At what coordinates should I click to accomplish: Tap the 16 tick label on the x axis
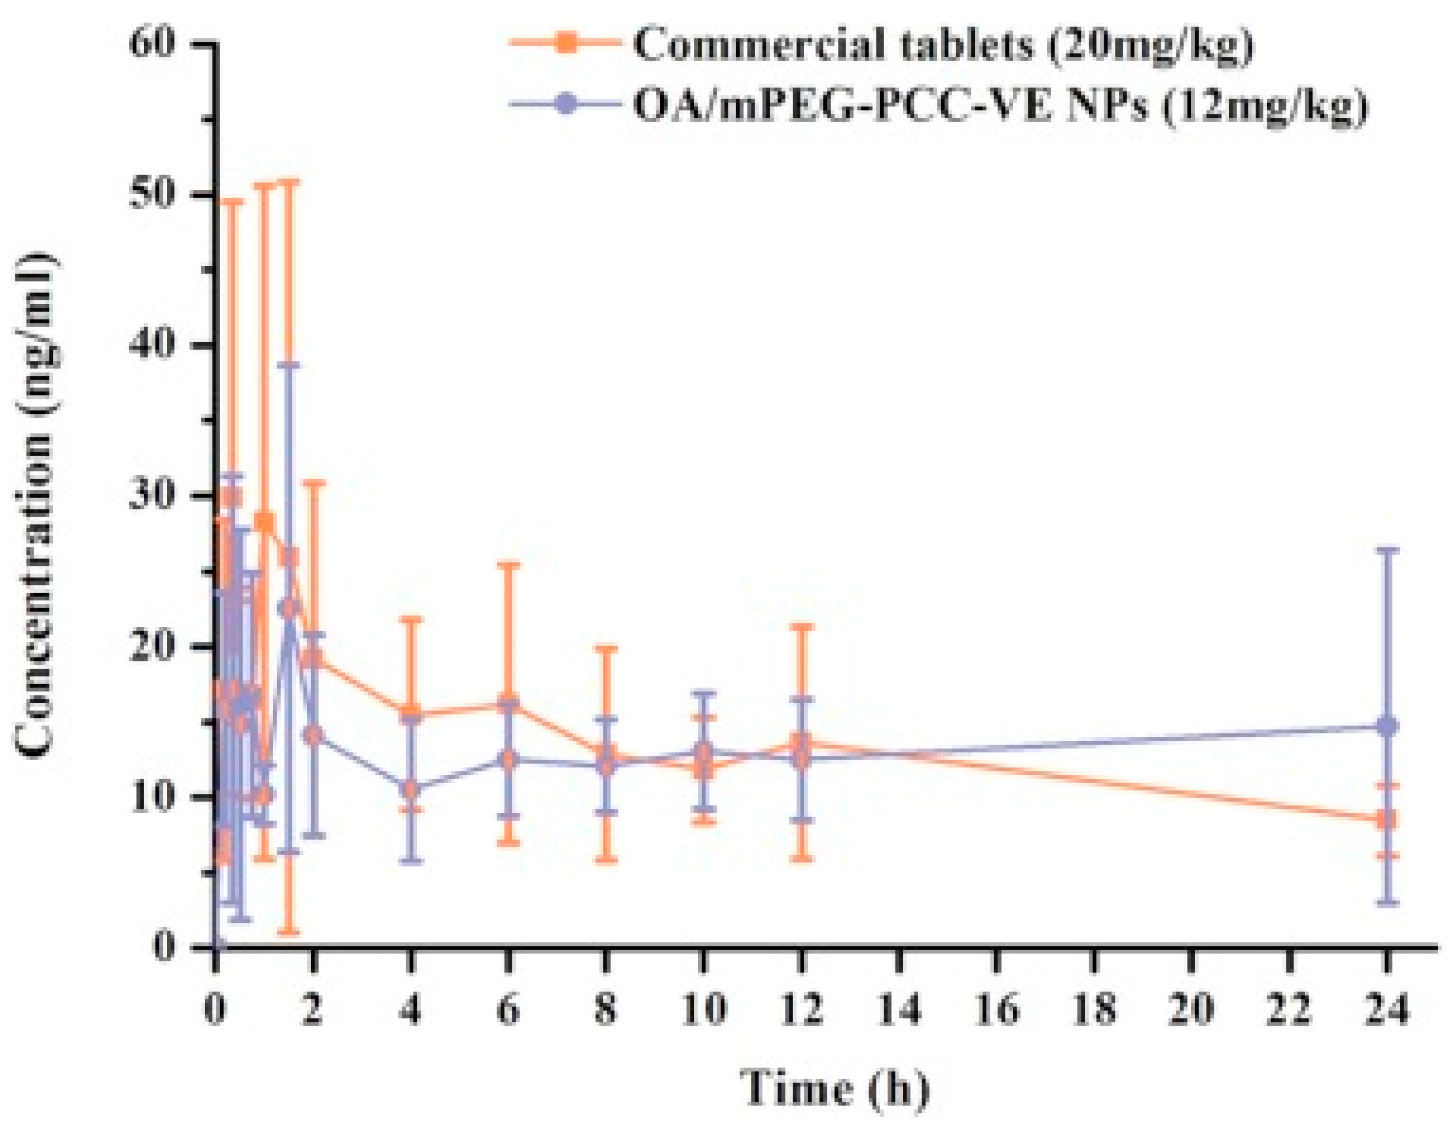997,1010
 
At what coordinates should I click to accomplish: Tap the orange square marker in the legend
565,44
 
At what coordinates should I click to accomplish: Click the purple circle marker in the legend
565,105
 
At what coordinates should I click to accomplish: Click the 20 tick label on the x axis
1192,1010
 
